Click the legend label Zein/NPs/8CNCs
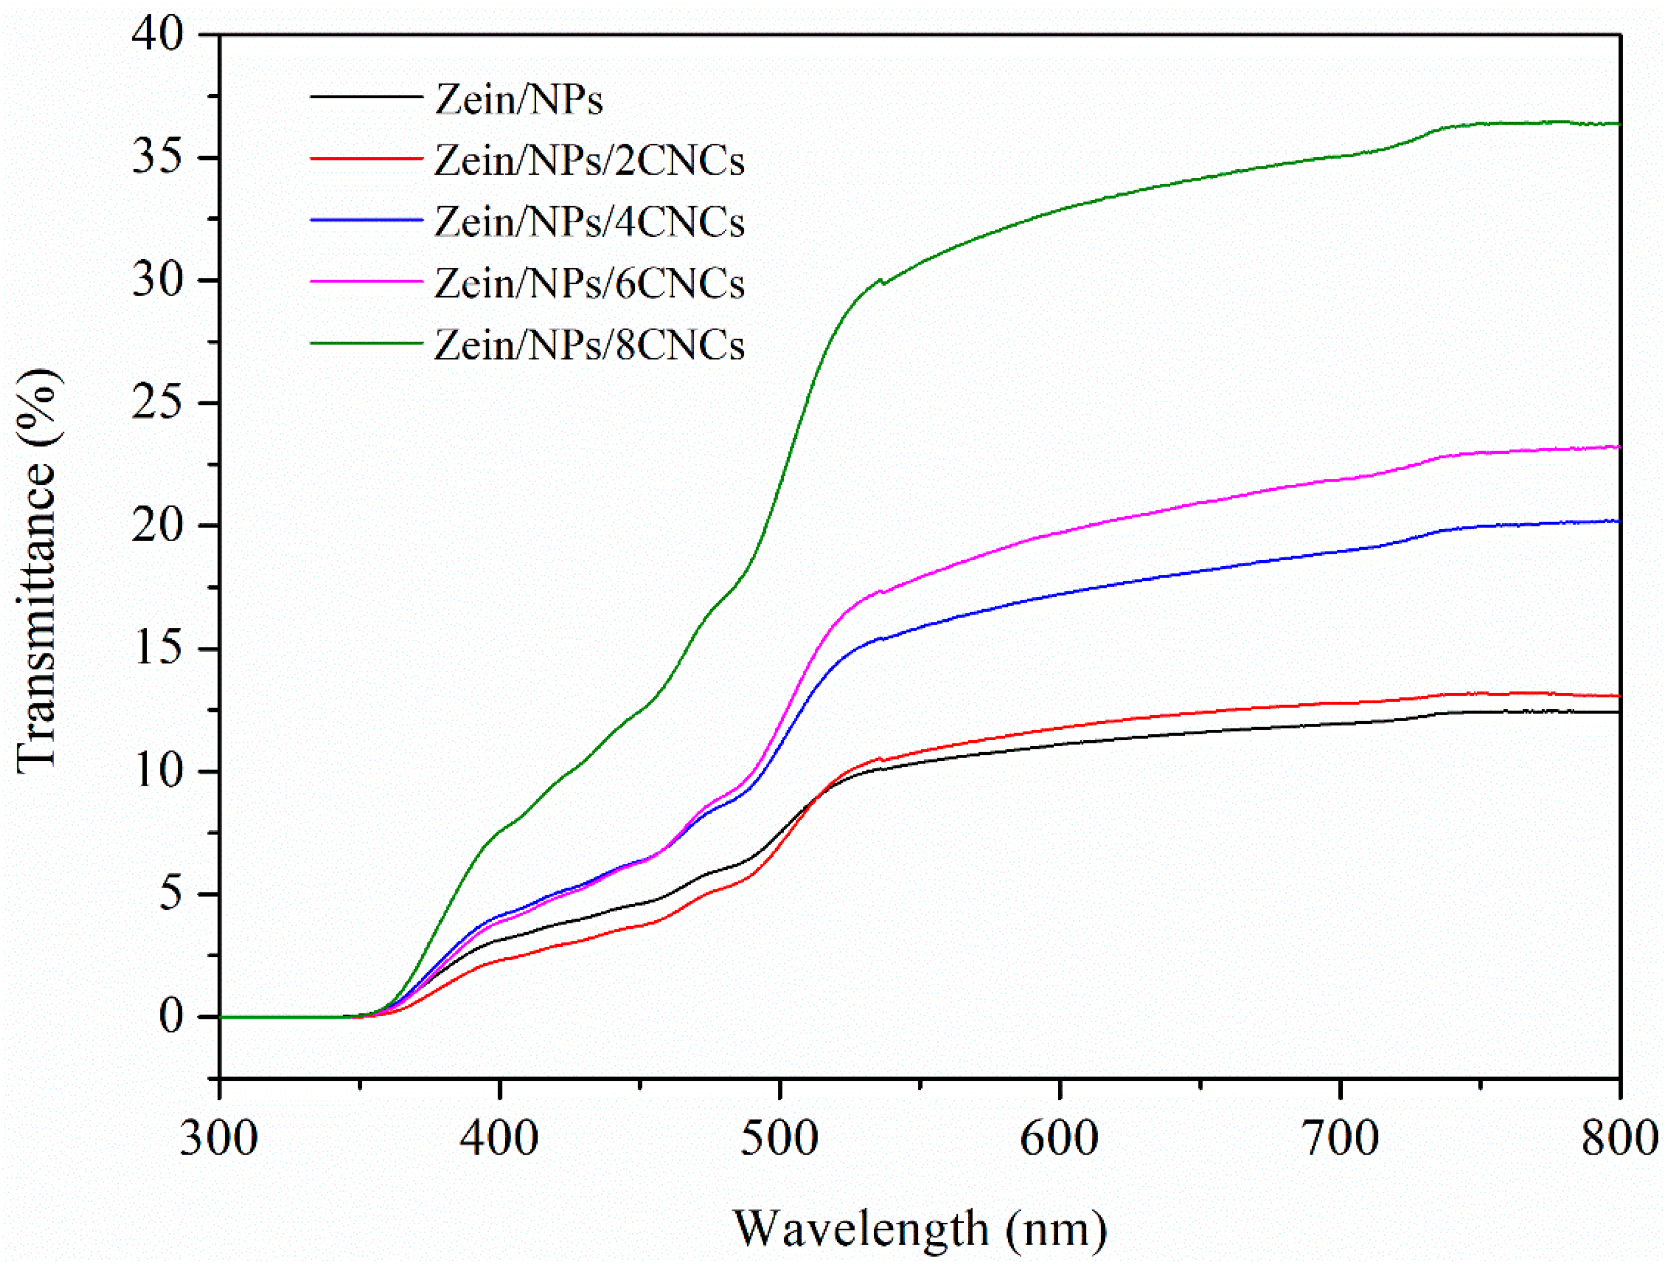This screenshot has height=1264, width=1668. click(589, 345)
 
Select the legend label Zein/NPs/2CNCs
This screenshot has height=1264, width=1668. click(589, 161)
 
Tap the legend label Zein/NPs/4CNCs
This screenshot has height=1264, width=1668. click(589, 222)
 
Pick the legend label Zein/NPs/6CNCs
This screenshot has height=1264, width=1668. click(589, 284)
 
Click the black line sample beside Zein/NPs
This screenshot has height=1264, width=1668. click(366, 97)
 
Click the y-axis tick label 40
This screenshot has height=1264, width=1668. click(158, 35)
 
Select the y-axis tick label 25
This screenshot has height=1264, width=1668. click(158, 403)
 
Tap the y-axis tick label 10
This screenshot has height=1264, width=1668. click(158, 772)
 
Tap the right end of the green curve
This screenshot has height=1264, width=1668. click(1618, 124)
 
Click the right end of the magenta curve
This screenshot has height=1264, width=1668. click(1618, 447)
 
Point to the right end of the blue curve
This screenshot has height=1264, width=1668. click(1618, 521)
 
